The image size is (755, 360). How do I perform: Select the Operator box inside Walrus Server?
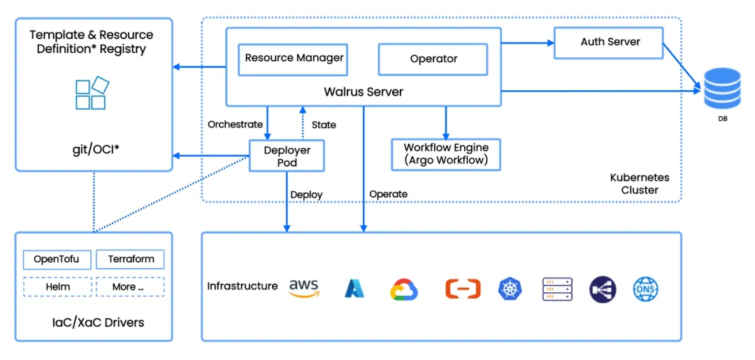tap(433, 59)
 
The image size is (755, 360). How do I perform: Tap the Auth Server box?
tap(610, 43)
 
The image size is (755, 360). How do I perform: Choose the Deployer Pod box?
tap(287, 156)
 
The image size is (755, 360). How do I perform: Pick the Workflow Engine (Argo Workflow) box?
tap(446, 154)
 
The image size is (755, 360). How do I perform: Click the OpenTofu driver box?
tap(57, 260)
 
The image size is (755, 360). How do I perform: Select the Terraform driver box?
tap(130, 260)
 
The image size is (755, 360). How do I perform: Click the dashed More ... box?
tap(130, 287)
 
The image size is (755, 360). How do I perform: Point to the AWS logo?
tap(303, 287)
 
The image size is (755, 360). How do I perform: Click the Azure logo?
tap(354, 288)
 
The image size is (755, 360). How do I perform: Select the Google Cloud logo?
tap(403, 289)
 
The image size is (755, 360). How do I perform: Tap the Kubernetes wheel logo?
tap(510, 289)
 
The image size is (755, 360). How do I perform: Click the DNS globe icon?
tap(645, 289)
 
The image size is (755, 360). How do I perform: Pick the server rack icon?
tap(557, 289)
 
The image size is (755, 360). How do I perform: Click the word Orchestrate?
tap(235, 124)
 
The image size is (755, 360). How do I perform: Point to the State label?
tap(324, 124)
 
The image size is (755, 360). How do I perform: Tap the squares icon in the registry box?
tap(92, 94)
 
